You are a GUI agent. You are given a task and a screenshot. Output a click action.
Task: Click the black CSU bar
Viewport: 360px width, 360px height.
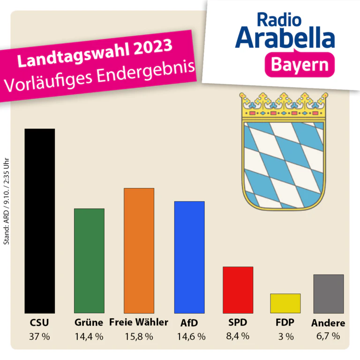tap(40, 221)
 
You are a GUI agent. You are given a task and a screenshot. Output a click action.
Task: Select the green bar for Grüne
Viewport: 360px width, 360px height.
tap(89, 261)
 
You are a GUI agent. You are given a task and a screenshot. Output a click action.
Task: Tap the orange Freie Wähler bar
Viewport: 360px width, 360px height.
tap(139, 251)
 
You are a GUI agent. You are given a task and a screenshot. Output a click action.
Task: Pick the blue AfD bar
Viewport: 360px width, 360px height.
tap(189, 257)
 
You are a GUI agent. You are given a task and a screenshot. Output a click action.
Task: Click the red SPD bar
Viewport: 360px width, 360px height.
tap(238, 290)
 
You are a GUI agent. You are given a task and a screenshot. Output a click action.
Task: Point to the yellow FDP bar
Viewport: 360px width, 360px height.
tap(285, 303)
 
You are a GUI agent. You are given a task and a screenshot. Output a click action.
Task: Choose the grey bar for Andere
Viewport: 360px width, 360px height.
tap(329, 294)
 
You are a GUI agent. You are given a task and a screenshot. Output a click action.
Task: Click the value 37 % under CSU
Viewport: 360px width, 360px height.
tap(39, 337)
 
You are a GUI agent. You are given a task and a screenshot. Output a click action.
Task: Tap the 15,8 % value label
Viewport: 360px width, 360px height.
tap(139, 337)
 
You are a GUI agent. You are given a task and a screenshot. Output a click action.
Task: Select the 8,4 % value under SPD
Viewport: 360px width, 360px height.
tap(238, 336)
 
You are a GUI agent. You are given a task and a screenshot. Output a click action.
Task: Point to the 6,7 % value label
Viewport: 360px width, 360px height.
tap(328, 336)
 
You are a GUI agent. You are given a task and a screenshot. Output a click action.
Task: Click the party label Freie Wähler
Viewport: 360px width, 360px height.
tap(139, 322)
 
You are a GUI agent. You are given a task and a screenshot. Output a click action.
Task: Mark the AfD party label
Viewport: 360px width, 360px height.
tap(189, 323)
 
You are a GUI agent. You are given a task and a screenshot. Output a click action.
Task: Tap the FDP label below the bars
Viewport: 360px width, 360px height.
tap(285, 322)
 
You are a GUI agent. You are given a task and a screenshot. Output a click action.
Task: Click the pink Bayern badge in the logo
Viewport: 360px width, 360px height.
tap(300, 65)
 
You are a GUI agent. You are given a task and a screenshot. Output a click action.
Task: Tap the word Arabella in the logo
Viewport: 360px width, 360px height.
tap(285, 37)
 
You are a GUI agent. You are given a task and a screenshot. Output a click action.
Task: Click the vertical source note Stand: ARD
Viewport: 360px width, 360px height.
tap(7, 201)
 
